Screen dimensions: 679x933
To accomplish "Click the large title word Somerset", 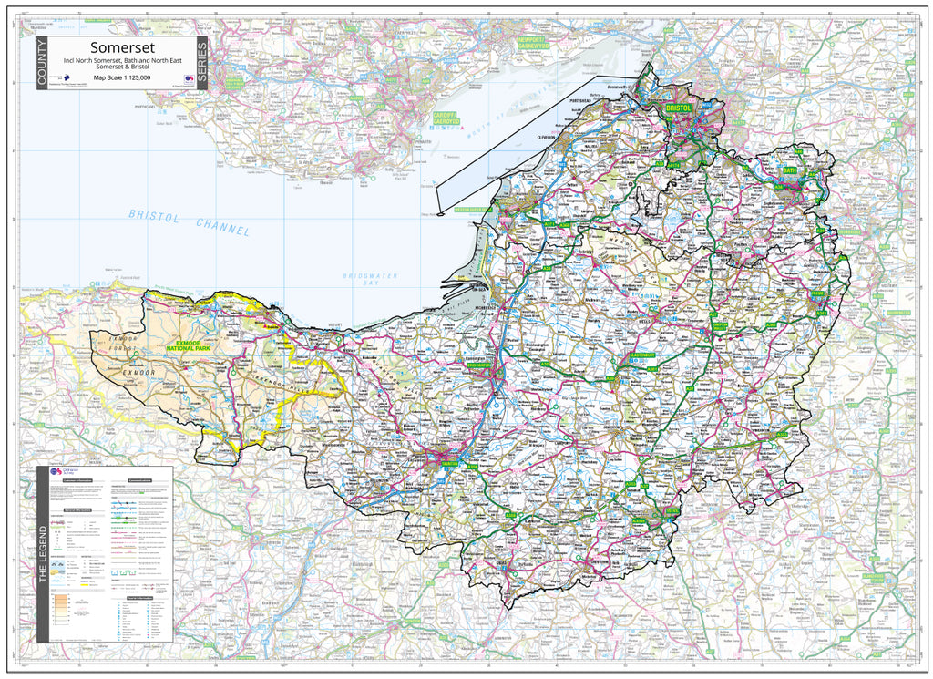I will [122, 47].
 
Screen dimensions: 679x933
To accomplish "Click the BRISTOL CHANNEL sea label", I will [190, 222].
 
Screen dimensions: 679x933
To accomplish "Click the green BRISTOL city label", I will [680, 108].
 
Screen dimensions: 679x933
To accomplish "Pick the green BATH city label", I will [790, 170].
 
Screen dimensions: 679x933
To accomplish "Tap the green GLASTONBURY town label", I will [641, 355].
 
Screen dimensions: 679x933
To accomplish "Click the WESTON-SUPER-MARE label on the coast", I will [474, 209].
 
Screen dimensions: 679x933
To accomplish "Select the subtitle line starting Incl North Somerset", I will [122, 60].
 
